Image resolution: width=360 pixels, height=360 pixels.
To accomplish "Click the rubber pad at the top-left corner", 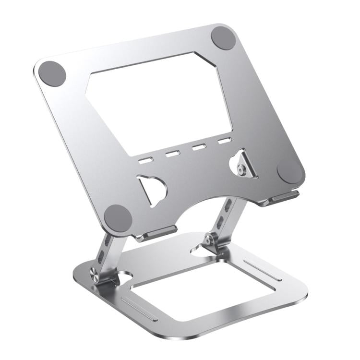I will click(x=52, y=73).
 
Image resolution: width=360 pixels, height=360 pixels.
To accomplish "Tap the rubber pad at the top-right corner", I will click(x=223, y=37).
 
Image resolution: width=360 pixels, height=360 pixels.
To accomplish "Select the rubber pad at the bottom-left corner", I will click(x=118, y=218).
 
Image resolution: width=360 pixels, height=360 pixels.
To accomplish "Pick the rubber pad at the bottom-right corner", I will click(x=290, y=170).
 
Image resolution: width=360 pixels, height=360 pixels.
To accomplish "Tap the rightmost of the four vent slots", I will click(x=224, y=141).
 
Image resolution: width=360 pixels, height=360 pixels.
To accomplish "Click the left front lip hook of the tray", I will click(x=156, y=234).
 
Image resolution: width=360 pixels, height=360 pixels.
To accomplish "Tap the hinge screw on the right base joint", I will click(x=208, y=240).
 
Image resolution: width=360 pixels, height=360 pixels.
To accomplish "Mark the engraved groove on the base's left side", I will click(x=139, y=309).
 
